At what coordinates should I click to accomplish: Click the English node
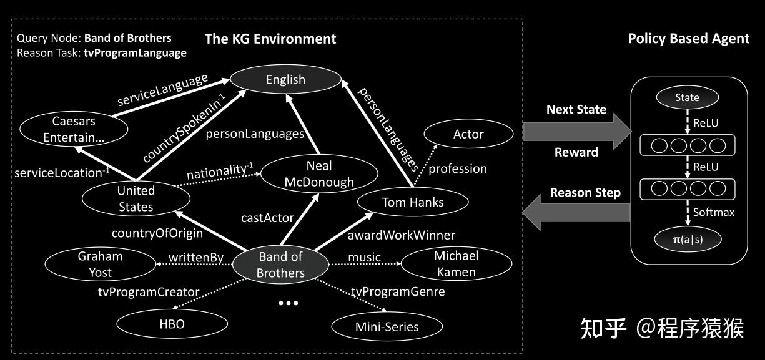[x=285, y=79]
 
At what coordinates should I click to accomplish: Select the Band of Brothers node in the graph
[x=280, y=265]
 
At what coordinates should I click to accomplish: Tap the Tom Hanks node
[x=412, y=202]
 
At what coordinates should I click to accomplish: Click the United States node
[x=136, y=198]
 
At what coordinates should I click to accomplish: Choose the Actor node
[x=468, y=134]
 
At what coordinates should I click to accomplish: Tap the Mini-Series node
[x=387, y=326]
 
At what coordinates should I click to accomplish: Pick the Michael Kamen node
[x=456, y=264]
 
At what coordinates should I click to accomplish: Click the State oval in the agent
[x=687, y=97]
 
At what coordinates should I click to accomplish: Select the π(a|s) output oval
[x=687, y=239]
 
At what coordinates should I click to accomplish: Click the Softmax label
[x=713, y=212]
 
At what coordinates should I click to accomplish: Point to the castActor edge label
[x=267, y=218]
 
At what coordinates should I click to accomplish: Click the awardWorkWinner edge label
[x=401, y=235]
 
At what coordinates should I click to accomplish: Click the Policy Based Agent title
[x=688, y=39]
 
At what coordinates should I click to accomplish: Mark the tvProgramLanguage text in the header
[x=135, y=53]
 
